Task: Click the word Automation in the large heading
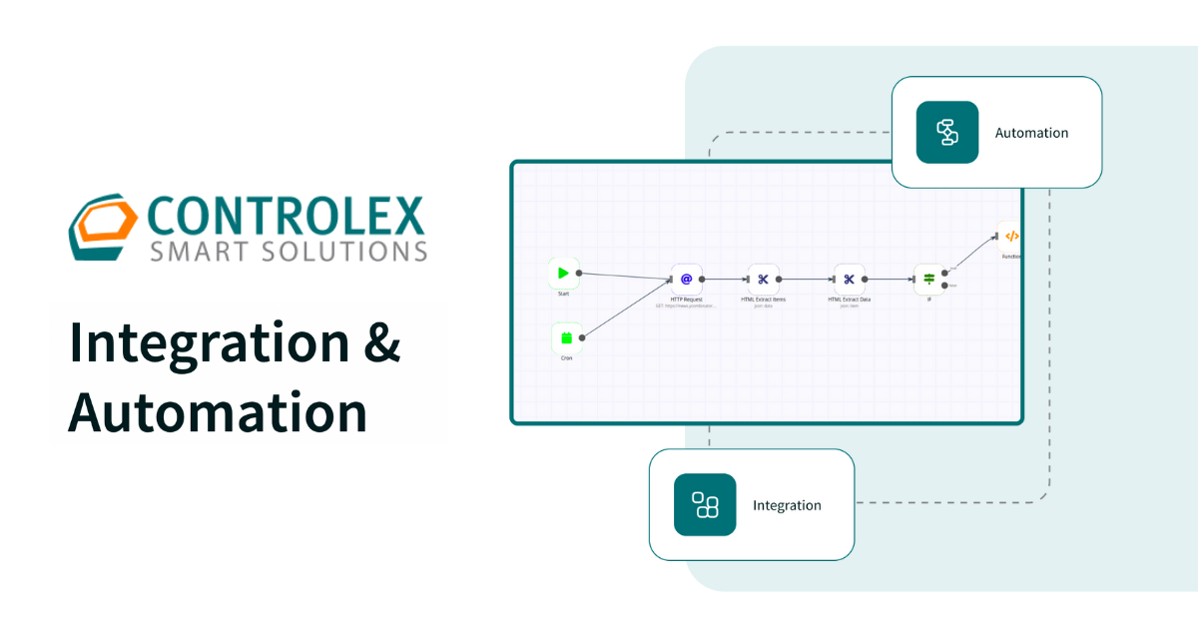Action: tap(218, 411)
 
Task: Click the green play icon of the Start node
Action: tap(563, 273)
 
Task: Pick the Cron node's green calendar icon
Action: tap(566, 337)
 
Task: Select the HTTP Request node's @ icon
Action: tap(686, 280)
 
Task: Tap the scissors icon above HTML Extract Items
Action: tap(764, 280)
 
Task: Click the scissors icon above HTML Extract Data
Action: tap(850, 280)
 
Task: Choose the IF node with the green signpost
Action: tap(928, 279)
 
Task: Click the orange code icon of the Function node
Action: tap(1010, 237)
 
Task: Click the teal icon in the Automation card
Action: tap(946, 132)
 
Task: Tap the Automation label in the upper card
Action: tap(1031, 133)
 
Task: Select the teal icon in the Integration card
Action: tap(705, 505)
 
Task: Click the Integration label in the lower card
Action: tap(787, 505)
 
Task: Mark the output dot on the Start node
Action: tap(582, 273)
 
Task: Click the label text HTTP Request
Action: tap(686, 300)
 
